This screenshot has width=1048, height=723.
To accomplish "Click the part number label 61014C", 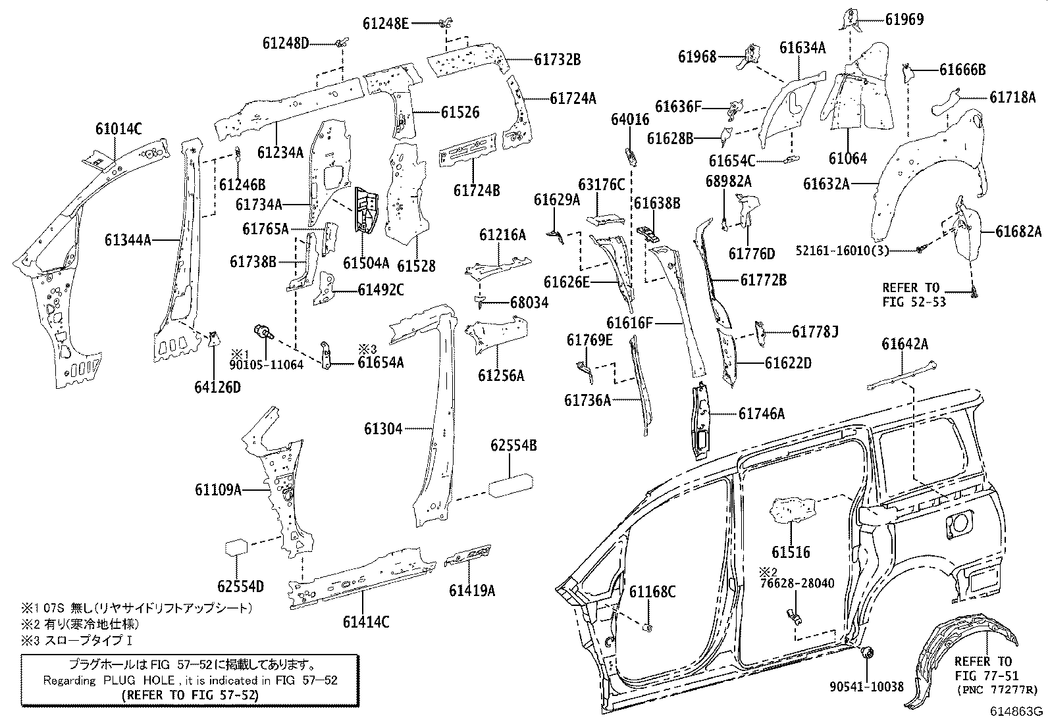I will [119, 129].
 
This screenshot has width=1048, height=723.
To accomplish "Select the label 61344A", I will [128, 240].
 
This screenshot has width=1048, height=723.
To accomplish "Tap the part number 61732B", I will [557, 59].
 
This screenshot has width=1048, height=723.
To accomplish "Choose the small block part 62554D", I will [236, 548].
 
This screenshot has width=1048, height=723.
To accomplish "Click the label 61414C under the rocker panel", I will [365, 621].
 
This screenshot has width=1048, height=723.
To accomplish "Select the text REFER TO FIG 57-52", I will [191, 694].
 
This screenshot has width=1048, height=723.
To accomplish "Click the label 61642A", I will [905, 343].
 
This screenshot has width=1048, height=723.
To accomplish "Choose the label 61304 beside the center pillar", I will [383, 429].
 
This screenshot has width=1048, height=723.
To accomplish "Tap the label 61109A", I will [218, 489].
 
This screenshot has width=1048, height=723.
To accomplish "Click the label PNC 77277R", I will [995, 689].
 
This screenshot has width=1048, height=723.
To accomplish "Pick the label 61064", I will [847, 159].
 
